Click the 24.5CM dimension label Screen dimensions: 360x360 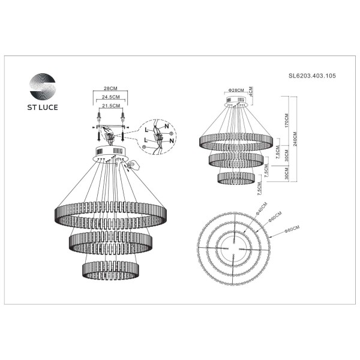click(x=109, y=96)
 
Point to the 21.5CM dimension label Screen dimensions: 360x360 click(x=109, y=105)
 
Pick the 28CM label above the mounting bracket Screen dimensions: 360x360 click(x=109, y=87)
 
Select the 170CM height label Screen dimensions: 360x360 click(x=287, y=123)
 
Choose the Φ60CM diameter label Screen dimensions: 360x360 click(x=275, y=218)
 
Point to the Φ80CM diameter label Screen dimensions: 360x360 click(x=292, y=227)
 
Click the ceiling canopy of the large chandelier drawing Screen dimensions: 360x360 click(x=110, y=153)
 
